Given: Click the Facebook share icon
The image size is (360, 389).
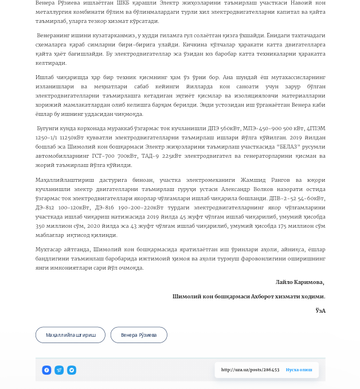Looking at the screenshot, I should coord(46,370).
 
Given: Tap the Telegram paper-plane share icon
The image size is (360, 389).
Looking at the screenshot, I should coord(59,370).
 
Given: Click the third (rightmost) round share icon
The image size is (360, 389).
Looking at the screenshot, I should coord(72,370).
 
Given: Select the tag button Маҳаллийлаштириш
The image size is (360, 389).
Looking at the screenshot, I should coord(71,335).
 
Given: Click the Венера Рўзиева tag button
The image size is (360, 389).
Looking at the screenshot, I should coord(139,335).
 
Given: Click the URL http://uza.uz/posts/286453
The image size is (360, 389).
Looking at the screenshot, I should coord(250,370).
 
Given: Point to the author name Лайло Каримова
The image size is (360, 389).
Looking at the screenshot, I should coord(299,282).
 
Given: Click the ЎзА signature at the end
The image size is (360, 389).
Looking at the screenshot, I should coord(320,310).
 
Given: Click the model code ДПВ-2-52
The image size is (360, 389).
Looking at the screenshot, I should coord(271,198).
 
